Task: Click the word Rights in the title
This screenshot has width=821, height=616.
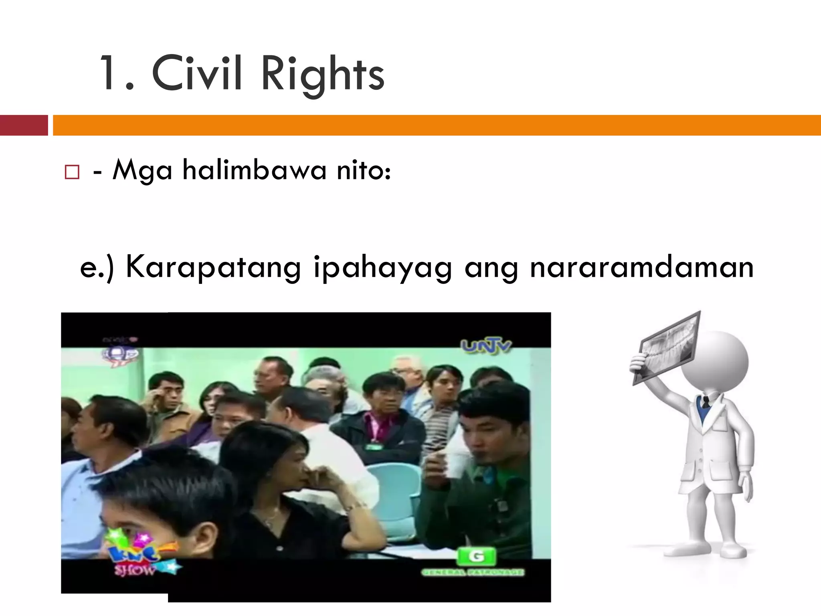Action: click(323, 75)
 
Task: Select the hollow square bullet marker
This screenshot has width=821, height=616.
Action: click(72, 172)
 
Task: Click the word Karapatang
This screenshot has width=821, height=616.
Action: click(213, 268)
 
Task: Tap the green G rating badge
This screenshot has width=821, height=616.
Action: click(476, 556)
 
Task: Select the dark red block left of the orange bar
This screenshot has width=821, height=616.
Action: click(24, 125)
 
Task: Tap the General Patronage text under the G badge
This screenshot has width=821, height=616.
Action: click(472, 572)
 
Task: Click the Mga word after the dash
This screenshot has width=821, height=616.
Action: click(142, 170)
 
